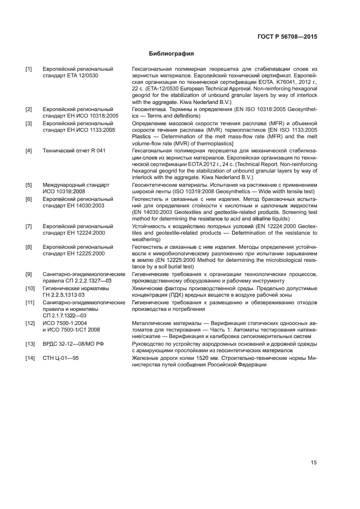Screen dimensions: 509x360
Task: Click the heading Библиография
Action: click(172, 54)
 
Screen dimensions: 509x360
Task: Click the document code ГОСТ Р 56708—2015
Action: click(291, 36)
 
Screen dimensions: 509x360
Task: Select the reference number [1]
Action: click(28, 69)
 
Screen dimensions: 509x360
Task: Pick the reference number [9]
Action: click(28, 274)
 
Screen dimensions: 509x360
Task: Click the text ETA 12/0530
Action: click(84, 76)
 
